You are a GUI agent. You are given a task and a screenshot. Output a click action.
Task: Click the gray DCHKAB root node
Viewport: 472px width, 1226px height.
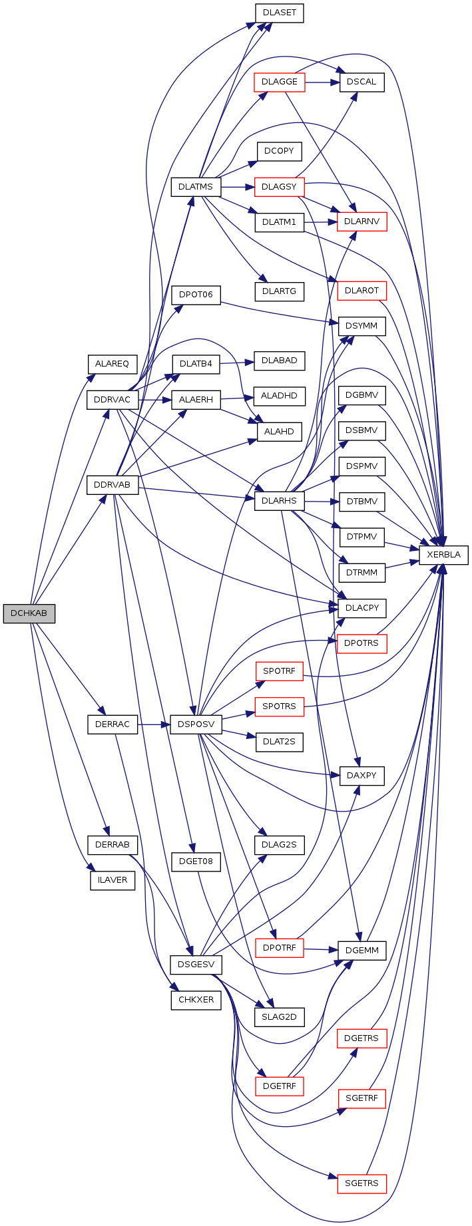[29, 613]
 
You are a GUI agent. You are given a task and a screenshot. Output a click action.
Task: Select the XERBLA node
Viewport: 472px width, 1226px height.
[443, 555]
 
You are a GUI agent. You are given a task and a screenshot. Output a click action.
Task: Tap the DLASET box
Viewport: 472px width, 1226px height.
[280, 13]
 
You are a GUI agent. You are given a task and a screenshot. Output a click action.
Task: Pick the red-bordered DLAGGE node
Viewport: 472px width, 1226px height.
[280, 82]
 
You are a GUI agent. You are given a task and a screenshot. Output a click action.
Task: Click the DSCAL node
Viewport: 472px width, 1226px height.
[361, 82]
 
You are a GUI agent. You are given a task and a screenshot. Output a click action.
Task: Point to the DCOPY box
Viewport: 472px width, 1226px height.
[279, 151]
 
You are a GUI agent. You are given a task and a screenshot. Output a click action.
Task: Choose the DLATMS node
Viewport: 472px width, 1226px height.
[196, 187]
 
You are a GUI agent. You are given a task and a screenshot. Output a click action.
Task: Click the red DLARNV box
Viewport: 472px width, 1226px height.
[361, 222]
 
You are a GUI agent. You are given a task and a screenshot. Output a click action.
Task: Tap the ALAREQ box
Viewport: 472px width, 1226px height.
[112, 365]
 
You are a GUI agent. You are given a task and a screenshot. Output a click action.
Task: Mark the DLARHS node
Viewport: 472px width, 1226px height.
[280, 501]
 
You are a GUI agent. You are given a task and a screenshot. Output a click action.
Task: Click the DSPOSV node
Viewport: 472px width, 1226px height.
[196, 724]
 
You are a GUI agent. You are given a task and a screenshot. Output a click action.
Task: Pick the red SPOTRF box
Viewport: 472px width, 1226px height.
[280, 671]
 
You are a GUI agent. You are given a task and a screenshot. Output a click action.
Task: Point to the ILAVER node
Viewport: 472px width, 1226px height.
[113, 880]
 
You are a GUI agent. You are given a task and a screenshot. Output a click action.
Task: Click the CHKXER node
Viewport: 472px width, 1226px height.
[196, 1000]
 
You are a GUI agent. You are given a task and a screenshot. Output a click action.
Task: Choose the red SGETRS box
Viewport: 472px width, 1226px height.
[361, 1183]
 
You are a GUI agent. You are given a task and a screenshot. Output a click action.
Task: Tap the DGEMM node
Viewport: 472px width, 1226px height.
[361, 951]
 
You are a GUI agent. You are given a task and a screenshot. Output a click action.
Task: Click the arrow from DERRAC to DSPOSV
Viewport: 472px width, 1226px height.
[154, 724]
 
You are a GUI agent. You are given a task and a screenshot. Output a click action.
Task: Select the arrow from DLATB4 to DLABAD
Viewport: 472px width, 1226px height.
[237, 363]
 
